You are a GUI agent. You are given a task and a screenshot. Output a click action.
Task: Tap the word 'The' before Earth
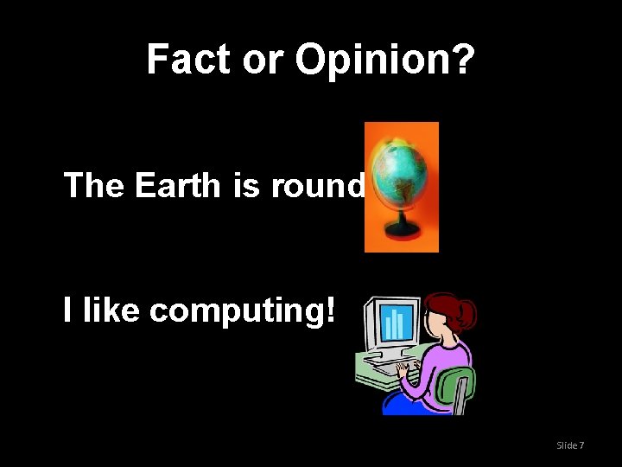[95, 185]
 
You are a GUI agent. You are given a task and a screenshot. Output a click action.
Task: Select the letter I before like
[68, 310]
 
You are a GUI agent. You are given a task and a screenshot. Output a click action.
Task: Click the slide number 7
[581, 445]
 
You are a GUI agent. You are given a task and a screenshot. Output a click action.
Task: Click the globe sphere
[398, 170]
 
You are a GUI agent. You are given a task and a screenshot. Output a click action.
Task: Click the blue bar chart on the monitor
[395, 324]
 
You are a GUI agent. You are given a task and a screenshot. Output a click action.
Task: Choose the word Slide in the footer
[567, 445]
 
